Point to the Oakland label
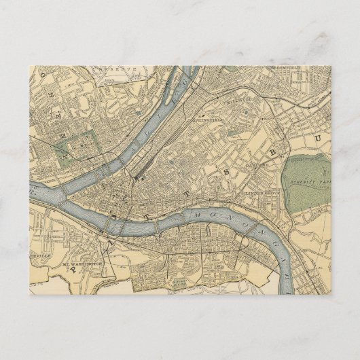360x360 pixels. [x=257, y=164]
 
